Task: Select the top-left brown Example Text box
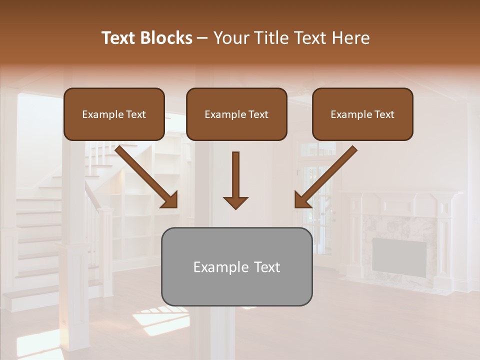114,114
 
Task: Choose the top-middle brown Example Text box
236,114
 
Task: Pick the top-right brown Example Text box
362,114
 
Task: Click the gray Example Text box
236,266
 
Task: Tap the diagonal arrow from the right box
327,175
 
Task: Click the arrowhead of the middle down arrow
235,202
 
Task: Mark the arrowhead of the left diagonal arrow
170,200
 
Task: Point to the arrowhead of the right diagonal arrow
302,200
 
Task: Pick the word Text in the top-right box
384,114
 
